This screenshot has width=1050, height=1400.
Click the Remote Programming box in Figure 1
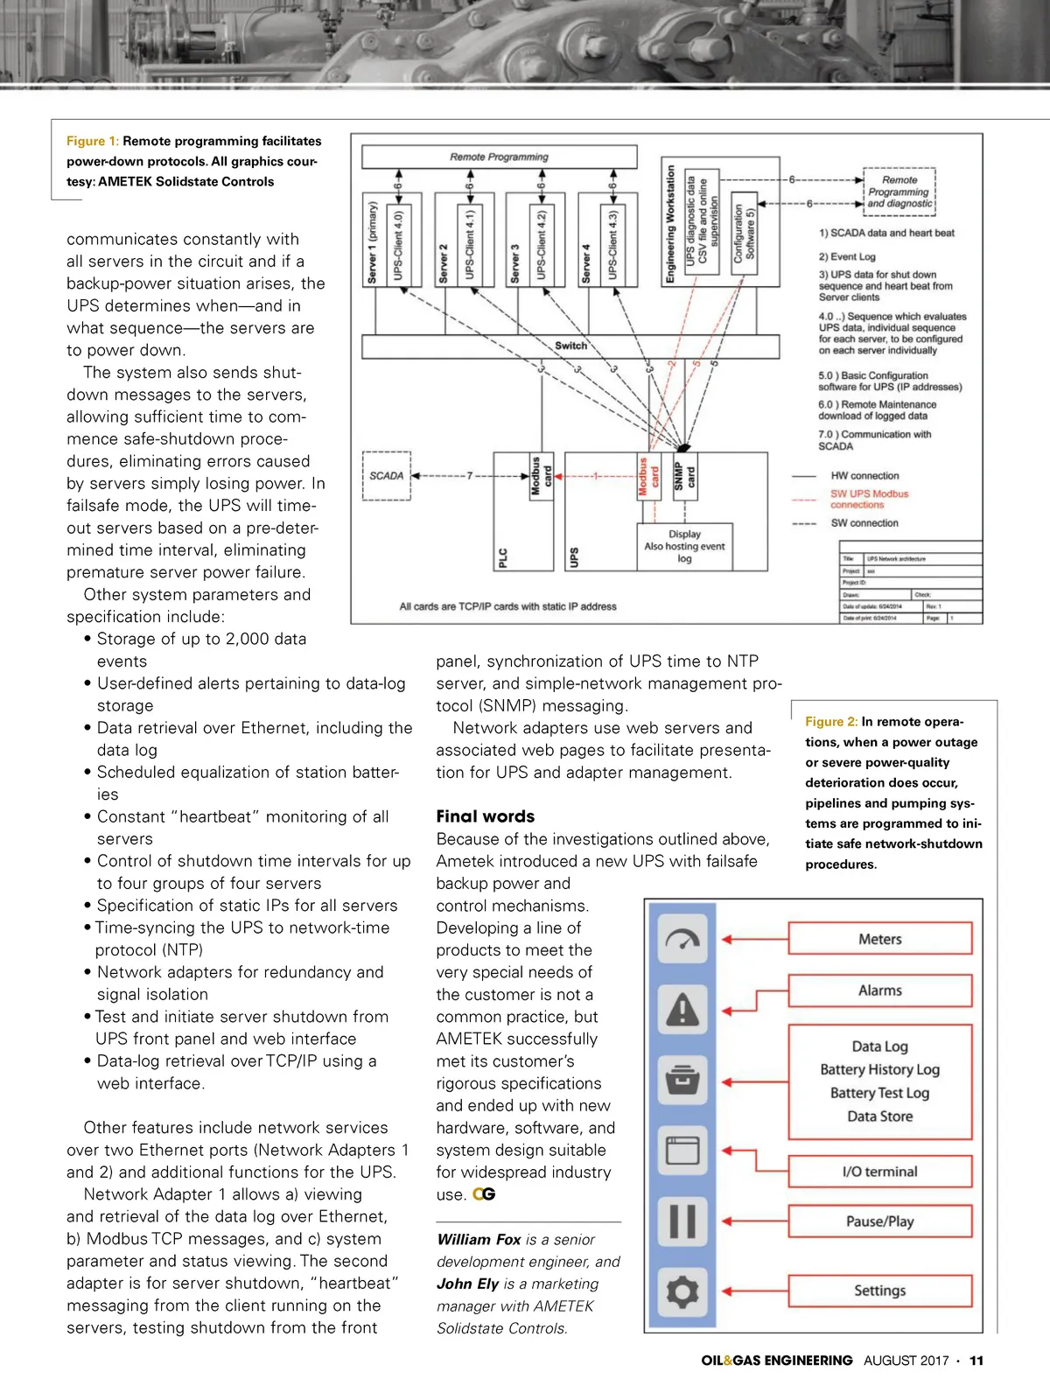click(x=499, y=157)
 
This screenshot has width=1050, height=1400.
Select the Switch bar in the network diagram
click(x=570, y=346)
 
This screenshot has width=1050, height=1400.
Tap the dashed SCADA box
click(x=387, y=476)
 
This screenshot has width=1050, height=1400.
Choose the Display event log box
click(x=684, y=546)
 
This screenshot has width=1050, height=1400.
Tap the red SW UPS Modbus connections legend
click(x=869, y=499)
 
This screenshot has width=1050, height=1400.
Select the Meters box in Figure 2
click(x=879, y=939)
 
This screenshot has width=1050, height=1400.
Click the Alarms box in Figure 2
click(x=879, y=990)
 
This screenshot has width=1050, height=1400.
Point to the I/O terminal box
click(x=879, y=1172)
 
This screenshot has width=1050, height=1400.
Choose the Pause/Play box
click(x=879, y=1221)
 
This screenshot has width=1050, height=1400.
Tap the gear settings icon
click(x=682, y=1291)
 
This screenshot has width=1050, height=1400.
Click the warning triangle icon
click(x=682, y=1010)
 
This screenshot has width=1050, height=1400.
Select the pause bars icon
click(x=682, y=1221)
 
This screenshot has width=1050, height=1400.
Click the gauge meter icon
click(x=682, y=939)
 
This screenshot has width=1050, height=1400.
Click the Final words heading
click(x=486, y=816)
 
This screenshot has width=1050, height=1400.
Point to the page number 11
click(x=976, y=1361)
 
